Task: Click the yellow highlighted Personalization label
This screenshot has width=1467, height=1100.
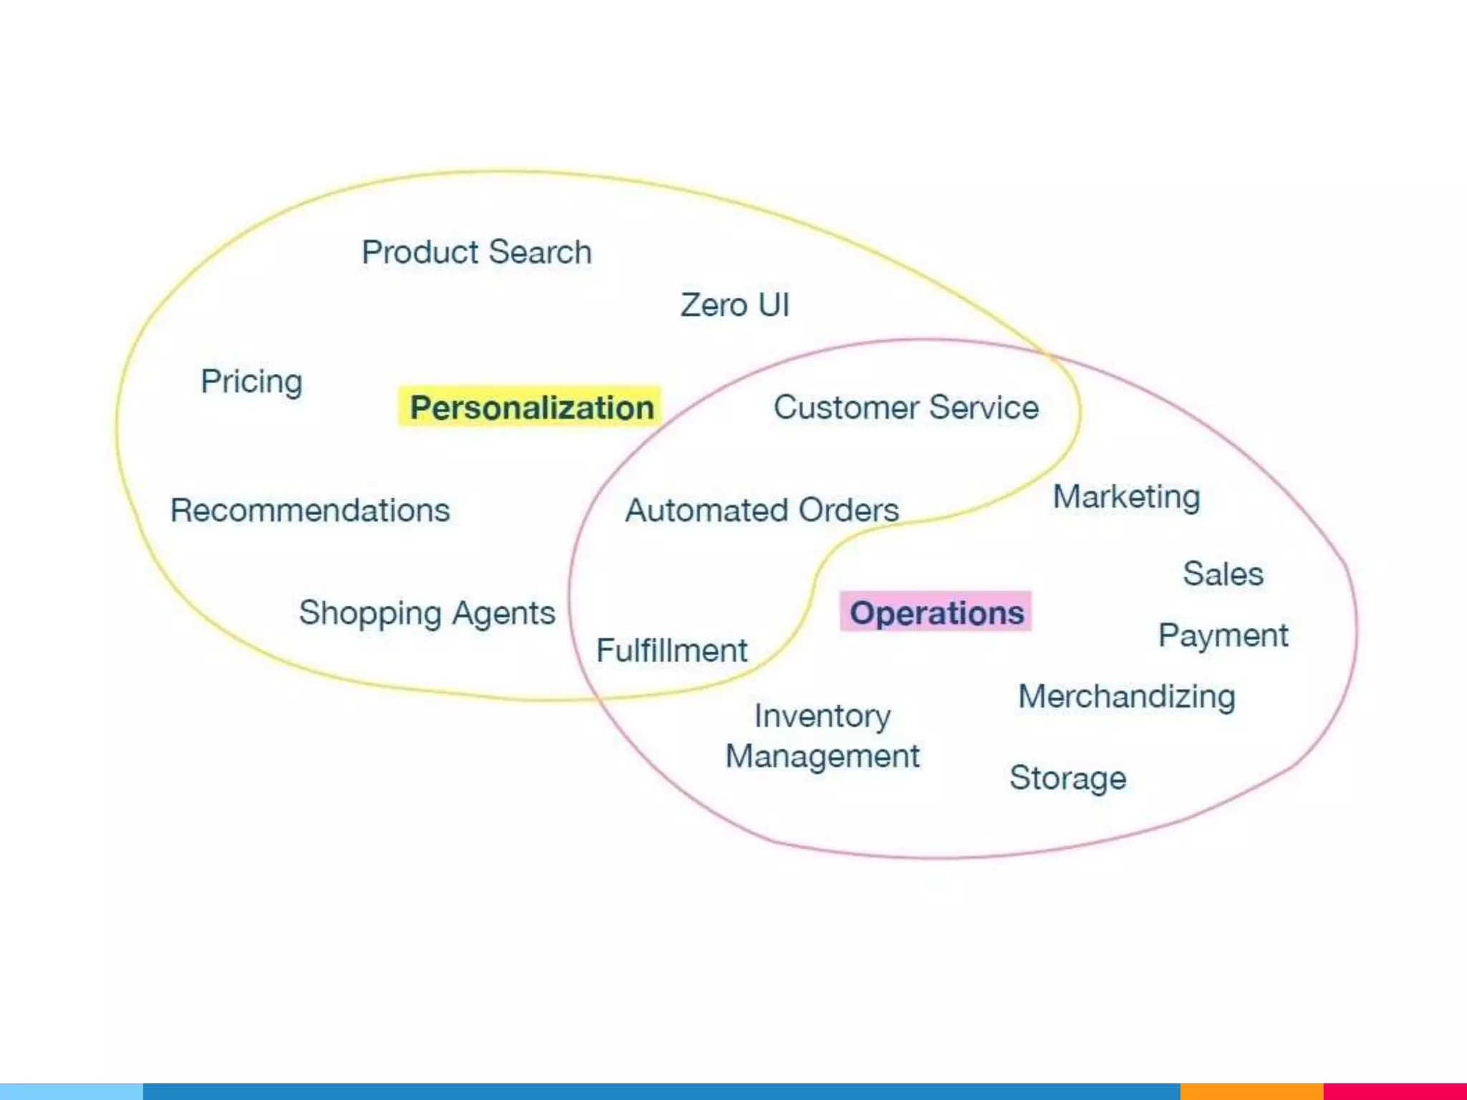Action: click(530, 407)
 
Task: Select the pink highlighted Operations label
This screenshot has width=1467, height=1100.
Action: click(935, 612)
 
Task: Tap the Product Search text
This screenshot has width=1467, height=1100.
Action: click(476, 252)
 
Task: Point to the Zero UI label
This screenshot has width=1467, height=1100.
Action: click(734, 305)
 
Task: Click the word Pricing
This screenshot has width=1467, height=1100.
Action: click(251, 381)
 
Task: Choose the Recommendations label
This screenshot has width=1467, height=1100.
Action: click(310, 511)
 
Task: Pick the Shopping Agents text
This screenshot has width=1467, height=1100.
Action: click(427, 613)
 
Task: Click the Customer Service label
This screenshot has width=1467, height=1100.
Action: click(906, 407)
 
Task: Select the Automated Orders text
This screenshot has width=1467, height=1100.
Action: click(761, 511)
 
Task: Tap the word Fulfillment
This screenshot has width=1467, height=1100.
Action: click(672, 650)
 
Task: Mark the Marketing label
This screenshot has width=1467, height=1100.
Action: click(1126, 497)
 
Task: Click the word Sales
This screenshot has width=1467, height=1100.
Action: click(1223, 574)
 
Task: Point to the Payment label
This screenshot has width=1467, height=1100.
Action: click(1223, 635)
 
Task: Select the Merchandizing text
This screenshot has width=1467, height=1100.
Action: click(1127, 697)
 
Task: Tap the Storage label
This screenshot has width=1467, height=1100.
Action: click(1067, 778)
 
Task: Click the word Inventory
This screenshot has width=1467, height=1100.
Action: click(822, 715)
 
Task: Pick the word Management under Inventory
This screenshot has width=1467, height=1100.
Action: click(822, 756)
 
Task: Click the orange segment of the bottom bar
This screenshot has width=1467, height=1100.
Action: click(1251, 1091)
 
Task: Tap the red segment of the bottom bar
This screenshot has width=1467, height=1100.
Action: click(1395, 1091)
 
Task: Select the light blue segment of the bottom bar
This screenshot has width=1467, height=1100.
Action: click(72, 1091)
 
